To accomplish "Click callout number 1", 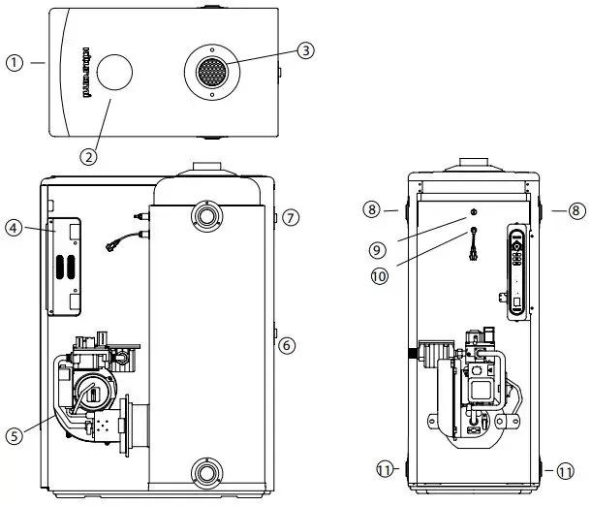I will click(13, 62).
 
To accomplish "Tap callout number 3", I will click(306, 51).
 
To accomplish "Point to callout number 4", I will click(13, 228).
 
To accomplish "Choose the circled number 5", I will click(14, 437).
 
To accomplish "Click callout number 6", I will click(286, 344).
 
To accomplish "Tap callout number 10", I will click(380, 275).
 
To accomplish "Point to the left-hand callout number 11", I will click(387, 470).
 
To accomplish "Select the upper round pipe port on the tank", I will click(205, 214).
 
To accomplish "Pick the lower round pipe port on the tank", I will click(205, 475).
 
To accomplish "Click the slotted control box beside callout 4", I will click(64, 268).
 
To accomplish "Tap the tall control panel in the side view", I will click(518, 274).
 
